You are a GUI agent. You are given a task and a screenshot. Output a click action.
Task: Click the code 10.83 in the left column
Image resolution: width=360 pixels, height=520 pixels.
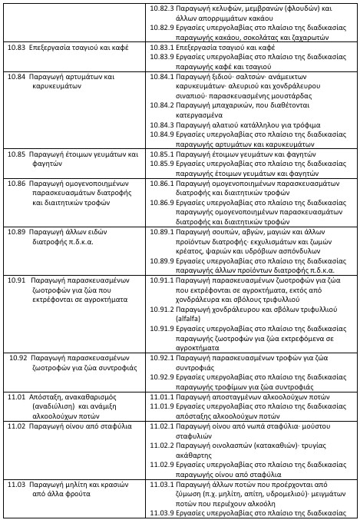coord(17,48)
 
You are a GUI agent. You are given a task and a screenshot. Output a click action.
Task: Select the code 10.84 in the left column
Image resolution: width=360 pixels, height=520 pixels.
coord(17,78)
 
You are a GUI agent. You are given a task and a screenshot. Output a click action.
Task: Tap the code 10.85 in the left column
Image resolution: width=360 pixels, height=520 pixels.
coord(17,154)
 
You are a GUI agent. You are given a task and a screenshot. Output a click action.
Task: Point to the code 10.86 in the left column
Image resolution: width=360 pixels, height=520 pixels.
coord(17,184)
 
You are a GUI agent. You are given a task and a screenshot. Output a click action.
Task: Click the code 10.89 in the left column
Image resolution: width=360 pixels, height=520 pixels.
coord(17,231)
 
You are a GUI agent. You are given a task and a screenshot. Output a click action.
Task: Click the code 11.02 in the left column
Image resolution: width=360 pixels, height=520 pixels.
coord(17,425)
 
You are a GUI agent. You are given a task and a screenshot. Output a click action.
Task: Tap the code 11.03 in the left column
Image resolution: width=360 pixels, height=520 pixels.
coord(17,485)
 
